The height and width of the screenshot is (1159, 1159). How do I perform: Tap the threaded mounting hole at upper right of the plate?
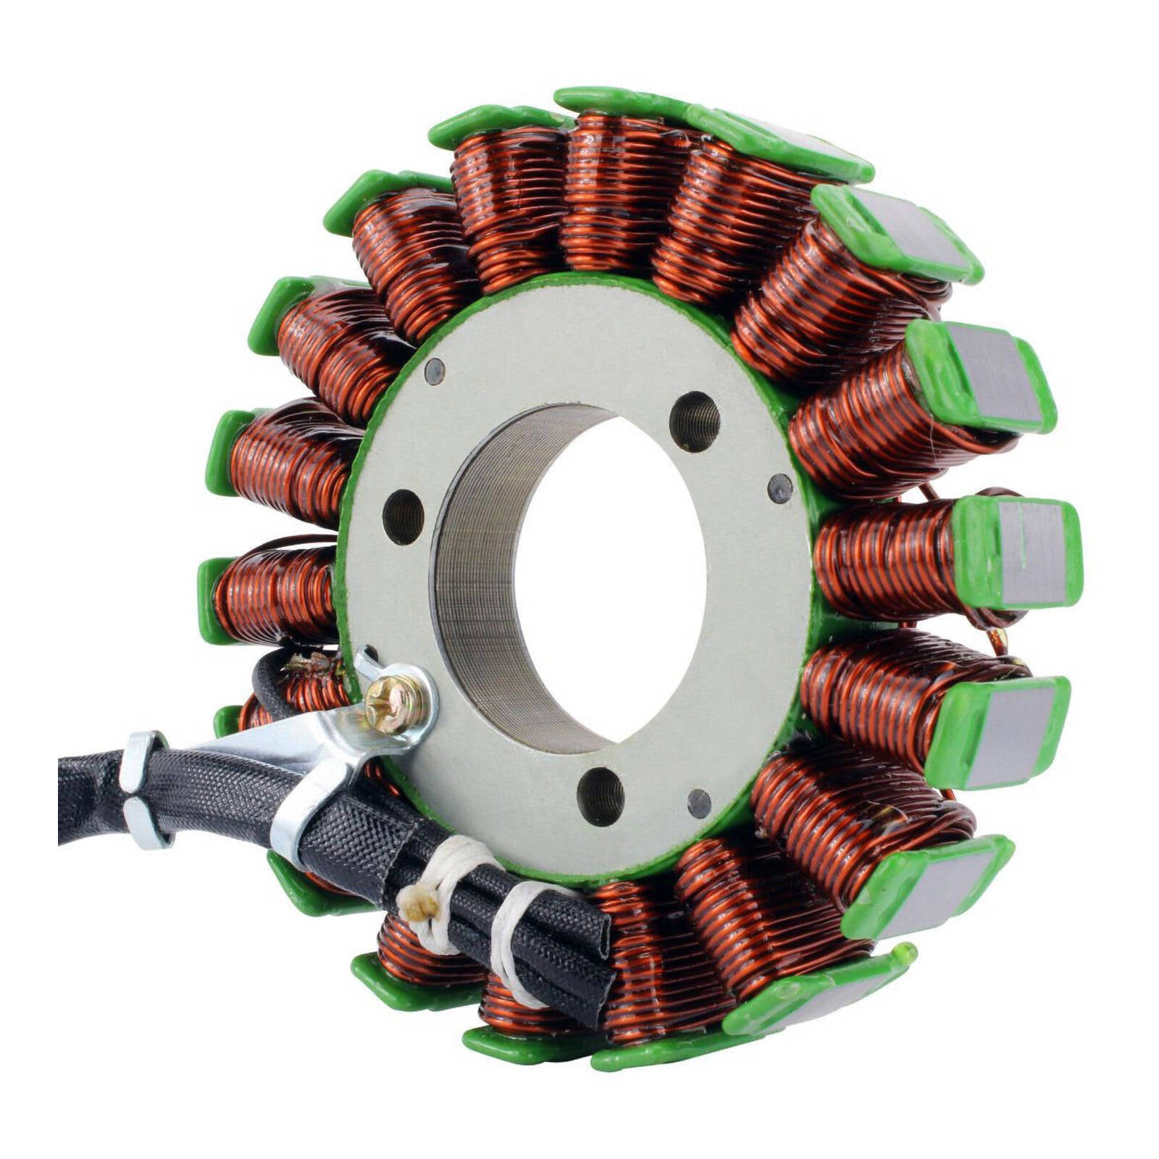point(694,421)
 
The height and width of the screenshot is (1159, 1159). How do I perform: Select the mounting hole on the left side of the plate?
point(403,516)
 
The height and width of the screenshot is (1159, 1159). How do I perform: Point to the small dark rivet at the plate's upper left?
point(434,371)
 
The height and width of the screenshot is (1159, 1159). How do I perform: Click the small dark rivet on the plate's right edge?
point(779,488)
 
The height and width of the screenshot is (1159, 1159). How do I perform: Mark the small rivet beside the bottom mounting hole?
point(699,803)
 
